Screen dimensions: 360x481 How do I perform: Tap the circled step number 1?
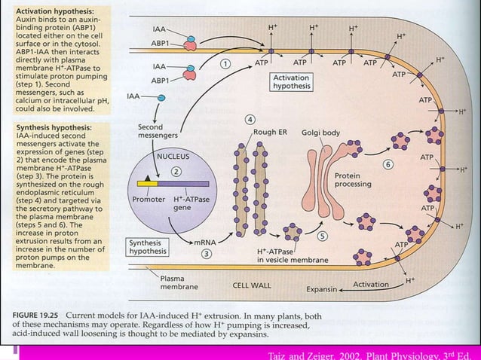(x=225, y=64)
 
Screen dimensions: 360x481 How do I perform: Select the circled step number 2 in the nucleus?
(x=174, y=172)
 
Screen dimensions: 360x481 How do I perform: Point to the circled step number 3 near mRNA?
(x=205, y=254)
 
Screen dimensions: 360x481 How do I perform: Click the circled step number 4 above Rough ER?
(x=248, y=119)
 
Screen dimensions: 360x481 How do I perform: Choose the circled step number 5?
(x=321, y=236)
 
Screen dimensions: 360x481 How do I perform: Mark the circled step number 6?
(x=388, y=163)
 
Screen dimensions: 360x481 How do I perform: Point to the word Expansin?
(x=323, y=288)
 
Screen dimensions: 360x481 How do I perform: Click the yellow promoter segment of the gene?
(x=148, y=183)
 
